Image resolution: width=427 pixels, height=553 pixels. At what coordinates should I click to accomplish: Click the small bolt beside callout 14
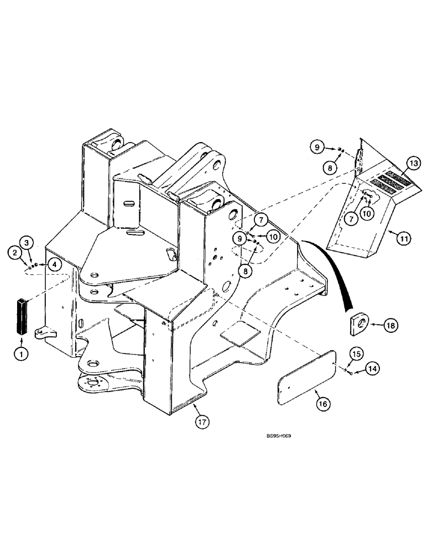351,374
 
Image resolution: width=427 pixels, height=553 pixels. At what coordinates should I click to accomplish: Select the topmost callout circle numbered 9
316,148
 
